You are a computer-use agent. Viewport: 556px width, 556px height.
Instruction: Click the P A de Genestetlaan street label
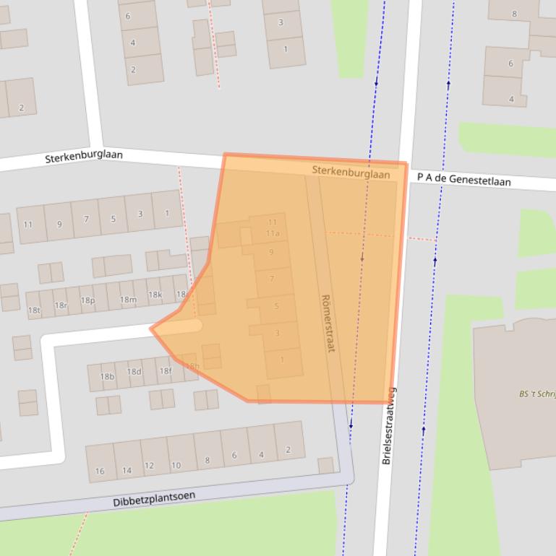pos(463,179)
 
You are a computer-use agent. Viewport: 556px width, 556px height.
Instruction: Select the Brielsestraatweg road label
pos(388,426)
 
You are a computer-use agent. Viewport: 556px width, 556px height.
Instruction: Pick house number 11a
pos(273,233)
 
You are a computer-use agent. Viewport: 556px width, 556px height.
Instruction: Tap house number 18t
pos(34,310)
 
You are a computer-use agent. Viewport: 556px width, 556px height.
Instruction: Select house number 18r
pos(61,305)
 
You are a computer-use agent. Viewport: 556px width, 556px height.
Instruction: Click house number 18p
pos(87,300)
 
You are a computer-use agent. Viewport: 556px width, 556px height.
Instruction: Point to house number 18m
pos(128,300)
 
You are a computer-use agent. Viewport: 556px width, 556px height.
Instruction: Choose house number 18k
pos(155,295)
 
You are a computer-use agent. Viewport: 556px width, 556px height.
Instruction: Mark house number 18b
pos(107,376)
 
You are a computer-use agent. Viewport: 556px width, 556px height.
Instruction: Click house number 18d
pos(134,373)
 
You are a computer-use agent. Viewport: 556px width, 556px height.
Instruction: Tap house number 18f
pos(166,371)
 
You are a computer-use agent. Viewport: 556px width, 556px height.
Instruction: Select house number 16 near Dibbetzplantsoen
pos(100,471)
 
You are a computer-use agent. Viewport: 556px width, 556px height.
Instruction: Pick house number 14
pos(127,470)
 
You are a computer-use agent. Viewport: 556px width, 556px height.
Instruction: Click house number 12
pos(149,466)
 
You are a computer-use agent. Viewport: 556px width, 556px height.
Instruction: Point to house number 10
pos(176,465)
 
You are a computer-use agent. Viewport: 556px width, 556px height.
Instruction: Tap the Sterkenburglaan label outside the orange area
pos(84,156)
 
